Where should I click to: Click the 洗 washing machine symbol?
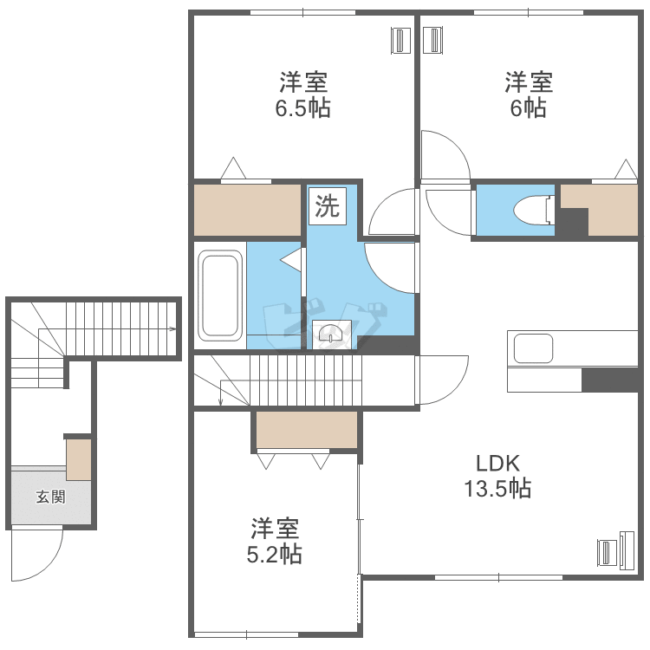point(327,206)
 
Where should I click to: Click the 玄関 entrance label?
point(50,497)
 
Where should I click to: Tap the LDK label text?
point(497,463)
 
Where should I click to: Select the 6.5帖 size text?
point(302,109)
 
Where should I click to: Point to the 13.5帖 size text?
point(497,489)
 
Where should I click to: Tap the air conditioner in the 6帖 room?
point(434,39)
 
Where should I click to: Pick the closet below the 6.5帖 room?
point(247,210)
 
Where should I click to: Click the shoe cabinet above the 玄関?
point(79,459)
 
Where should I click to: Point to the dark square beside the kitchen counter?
point(611,380)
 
